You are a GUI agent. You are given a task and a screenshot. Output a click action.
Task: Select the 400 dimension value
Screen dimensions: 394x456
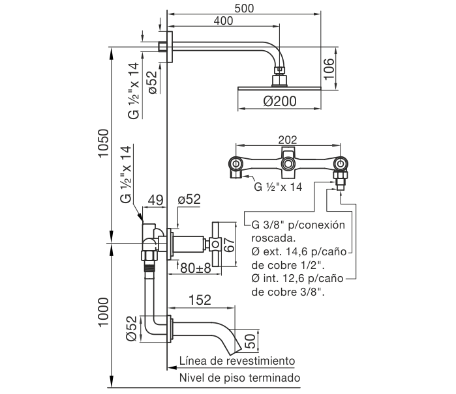[x=224, y=21]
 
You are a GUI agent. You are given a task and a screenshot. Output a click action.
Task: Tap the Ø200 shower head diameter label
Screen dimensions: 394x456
[x=281, y=102]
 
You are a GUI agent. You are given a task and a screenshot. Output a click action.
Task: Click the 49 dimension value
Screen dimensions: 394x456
[x=155, y=200]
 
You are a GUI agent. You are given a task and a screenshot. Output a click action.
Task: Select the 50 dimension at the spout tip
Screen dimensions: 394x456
[x=249, y=339]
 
